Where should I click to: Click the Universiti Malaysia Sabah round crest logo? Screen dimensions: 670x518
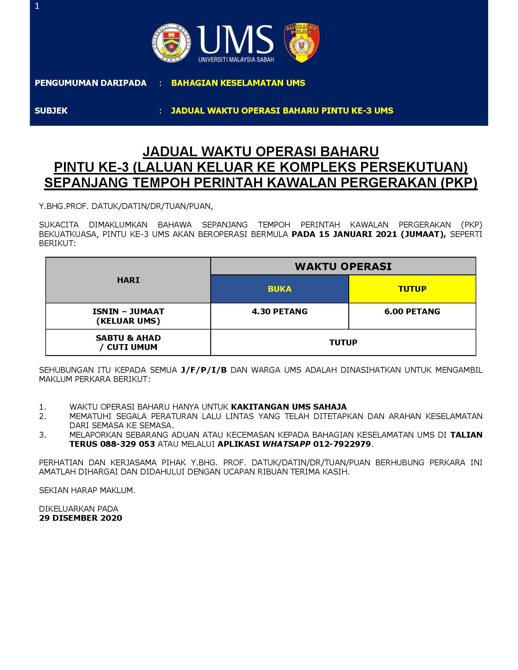pos(172,43)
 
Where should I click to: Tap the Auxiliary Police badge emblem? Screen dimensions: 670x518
pos(302,43)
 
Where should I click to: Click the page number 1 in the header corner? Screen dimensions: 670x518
pos(37,6)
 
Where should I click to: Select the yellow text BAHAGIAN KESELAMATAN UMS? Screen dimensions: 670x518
pos(238,83)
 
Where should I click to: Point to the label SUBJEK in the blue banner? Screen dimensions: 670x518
pos(51,111)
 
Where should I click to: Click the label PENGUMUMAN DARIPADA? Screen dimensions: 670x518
pos(90,83)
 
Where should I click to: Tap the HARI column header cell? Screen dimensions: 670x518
pos(128,280)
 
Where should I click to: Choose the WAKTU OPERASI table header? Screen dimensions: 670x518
pos(343,266)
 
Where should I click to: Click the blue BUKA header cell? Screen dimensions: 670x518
pos(279,289)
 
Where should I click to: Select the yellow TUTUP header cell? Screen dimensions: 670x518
pos(412,289)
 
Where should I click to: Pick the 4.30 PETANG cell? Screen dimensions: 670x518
pos(279,312)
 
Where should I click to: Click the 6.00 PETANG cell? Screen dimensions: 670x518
pos(412,312)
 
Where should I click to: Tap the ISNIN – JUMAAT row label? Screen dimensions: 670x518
pos(128,312)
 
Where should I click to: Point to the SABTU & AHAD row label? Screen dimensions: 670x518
pos(128,338)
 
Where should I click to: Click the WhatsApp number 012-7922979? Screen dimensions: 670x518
pos(342,444)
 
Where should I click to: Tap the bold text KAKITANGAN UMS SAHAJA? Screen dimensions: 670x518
pos(289,407)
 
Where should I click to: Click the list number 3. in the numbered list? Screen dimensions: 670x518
pos(43,435)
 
